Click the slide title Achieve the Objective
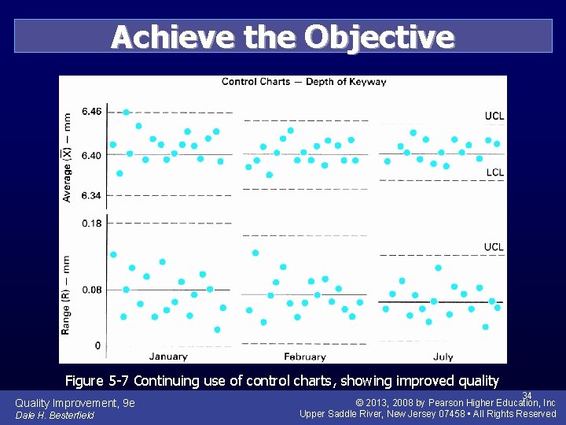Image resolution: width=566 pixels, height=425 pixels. pos(282,37)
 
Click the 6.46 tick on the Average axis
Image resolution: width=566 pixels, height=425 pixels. pos(92,112)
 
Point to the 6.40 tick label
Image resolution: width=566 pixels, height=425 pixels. pos(92,155)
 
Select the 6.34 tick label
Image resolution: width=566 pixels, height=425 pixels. pos(92,195)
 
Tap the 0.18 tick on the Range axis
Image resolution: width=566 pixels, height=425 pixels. pos(92,224)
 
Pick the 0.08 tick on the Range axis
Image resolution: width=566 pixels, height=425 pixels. pos(92,290)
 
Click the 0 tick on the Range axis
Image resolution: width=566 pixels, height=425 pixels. pos(97,346)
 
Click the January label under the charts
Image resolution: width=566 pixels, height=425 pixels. pos(167,357)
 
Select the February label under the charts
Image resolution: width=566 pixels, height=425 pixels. pos(305,357)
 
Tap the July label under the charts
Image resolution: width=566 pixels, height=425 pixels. pos(443,357)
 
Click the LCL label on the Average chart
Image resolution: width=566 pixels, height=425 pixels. pos(494,172)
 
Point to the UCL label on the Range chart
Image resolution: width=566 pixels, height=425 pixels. pos(494,247)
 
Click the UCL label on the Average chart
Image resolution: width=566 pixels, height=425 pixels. pos(494,116)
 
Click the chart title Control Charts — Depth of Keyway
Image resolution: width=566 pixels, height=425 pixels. pos(303,82)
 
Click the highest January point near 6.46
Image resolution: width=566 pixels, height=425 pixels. pos(127,113)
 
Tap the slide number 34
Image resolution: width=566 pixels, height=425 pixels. pos(527,395)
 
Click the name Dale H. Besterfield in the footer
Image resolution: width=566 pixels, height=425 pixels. pos(54,416)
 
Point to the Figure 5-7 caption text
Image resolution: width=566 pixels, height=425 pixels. pos(281,381)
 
